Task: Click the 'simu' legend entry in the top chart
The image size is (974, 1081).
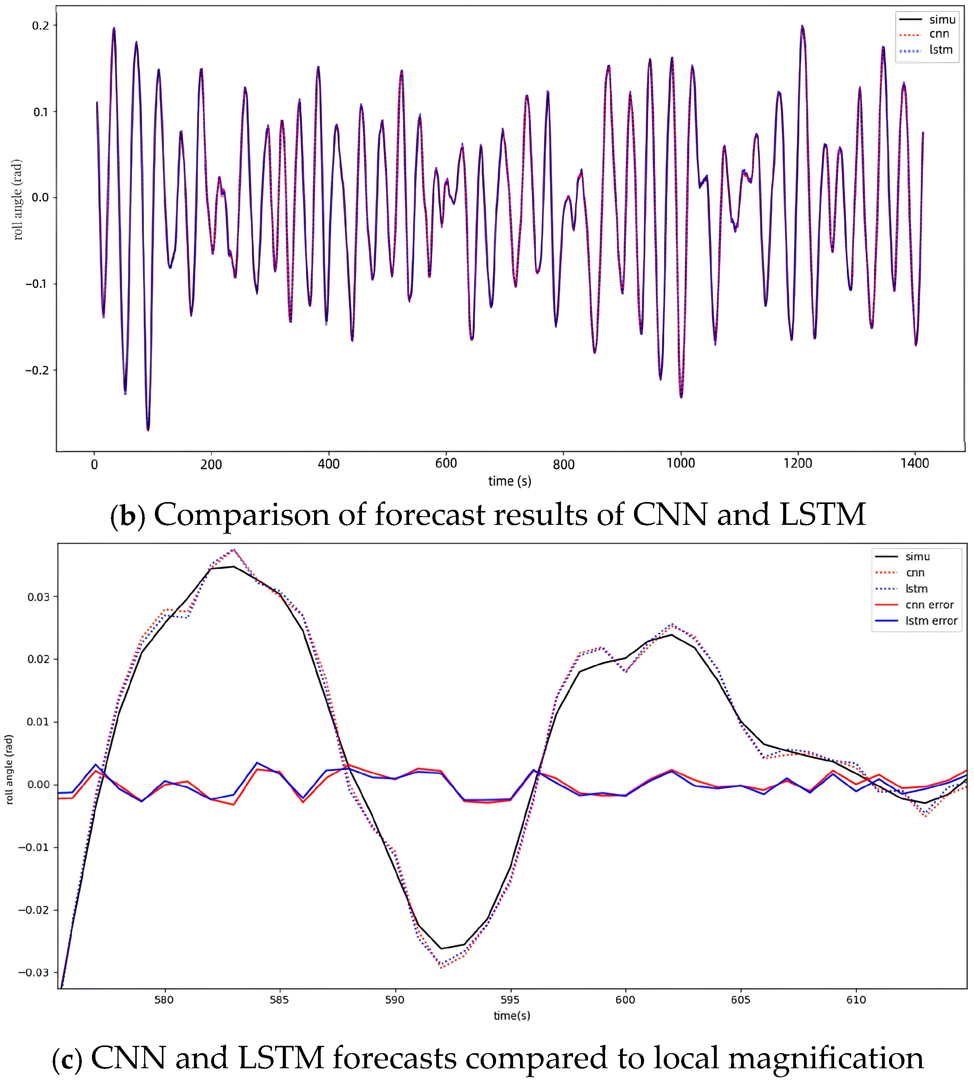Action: tap(942, 20)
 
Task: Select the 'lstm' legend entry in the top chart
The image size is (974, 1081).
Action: tap(941, 50)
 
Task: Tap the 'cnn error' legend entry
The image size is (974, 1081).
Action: tap(930, 605)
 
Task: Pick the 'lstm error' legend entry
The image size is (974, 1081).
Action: tap(931, 621)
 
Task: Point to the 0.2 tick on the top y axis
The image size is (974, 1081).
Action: tap(41, 26)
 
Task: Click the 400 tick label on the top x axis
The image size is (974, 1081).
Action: tap(328, 464)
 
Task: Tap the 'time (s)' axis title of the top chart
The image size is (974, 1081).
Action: tap(510, 481)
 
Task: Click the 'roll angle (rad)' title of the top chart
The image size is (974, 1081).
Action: tap(18, 199)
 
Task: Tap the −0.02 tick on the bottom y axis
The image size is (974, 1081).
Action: tap(34, 910)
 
